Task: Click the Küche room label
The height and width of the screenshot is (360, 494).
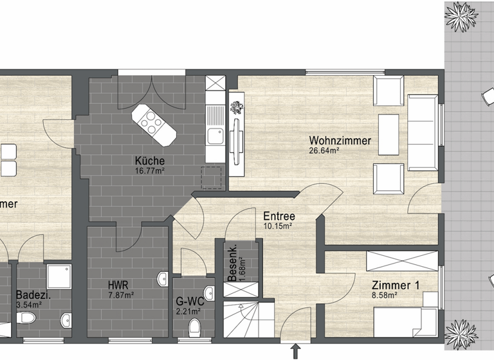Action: (x=149, y=161)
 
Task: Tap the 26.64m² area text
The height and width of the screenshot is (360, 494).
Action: (x=324, y=150)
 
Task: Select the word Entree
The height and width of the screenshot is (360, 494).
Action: (x=279, y=216)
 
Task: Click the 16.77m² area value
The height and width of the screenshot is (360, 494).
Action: (x=149, y=171)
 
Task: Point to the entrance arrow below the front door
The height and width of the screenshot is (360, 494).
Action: (x=296, y=352)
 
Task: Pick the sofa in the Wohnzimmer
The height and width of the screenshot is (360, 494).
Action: (x=422, y=131)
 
